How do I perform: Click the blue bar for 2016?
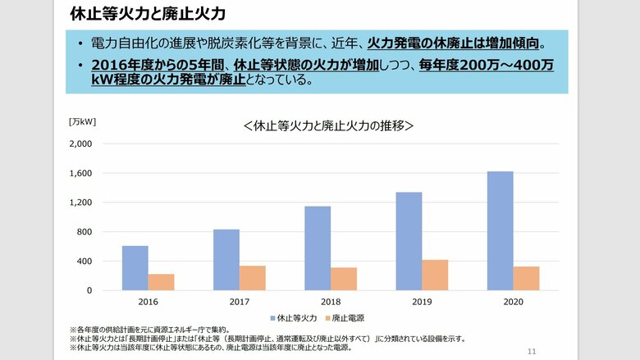click(x=135, y=268)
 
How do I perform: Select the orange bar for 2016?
click(x=162, y=282)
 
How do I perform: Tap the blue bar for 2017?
click(x=226, y=260)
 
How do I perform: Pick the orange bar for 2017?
click(x=253, y=278)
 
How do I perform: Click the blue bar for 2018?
click(x=318, y=248)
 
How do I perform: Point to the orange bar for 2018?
click(x=344, y=279)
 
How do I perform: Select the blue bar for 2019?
click(x=409, y=241)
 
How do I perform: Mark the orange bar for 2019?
click(x=435, y=276)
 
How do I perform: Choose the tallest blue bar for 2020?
click(x=500, y=230)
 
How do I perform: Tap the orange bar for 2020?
click(x=526, y=278)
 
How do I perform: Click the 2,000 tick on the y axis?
click(x=80, y=144)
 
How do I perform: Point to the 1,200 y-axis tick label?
click(x=80, y=203)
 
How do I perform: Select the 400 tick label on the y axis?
click(x=85, y=262)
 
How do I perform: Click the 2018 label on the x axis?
click(x=331, y=303)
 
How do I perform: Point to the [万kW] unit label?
click(x=82, y=121)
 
